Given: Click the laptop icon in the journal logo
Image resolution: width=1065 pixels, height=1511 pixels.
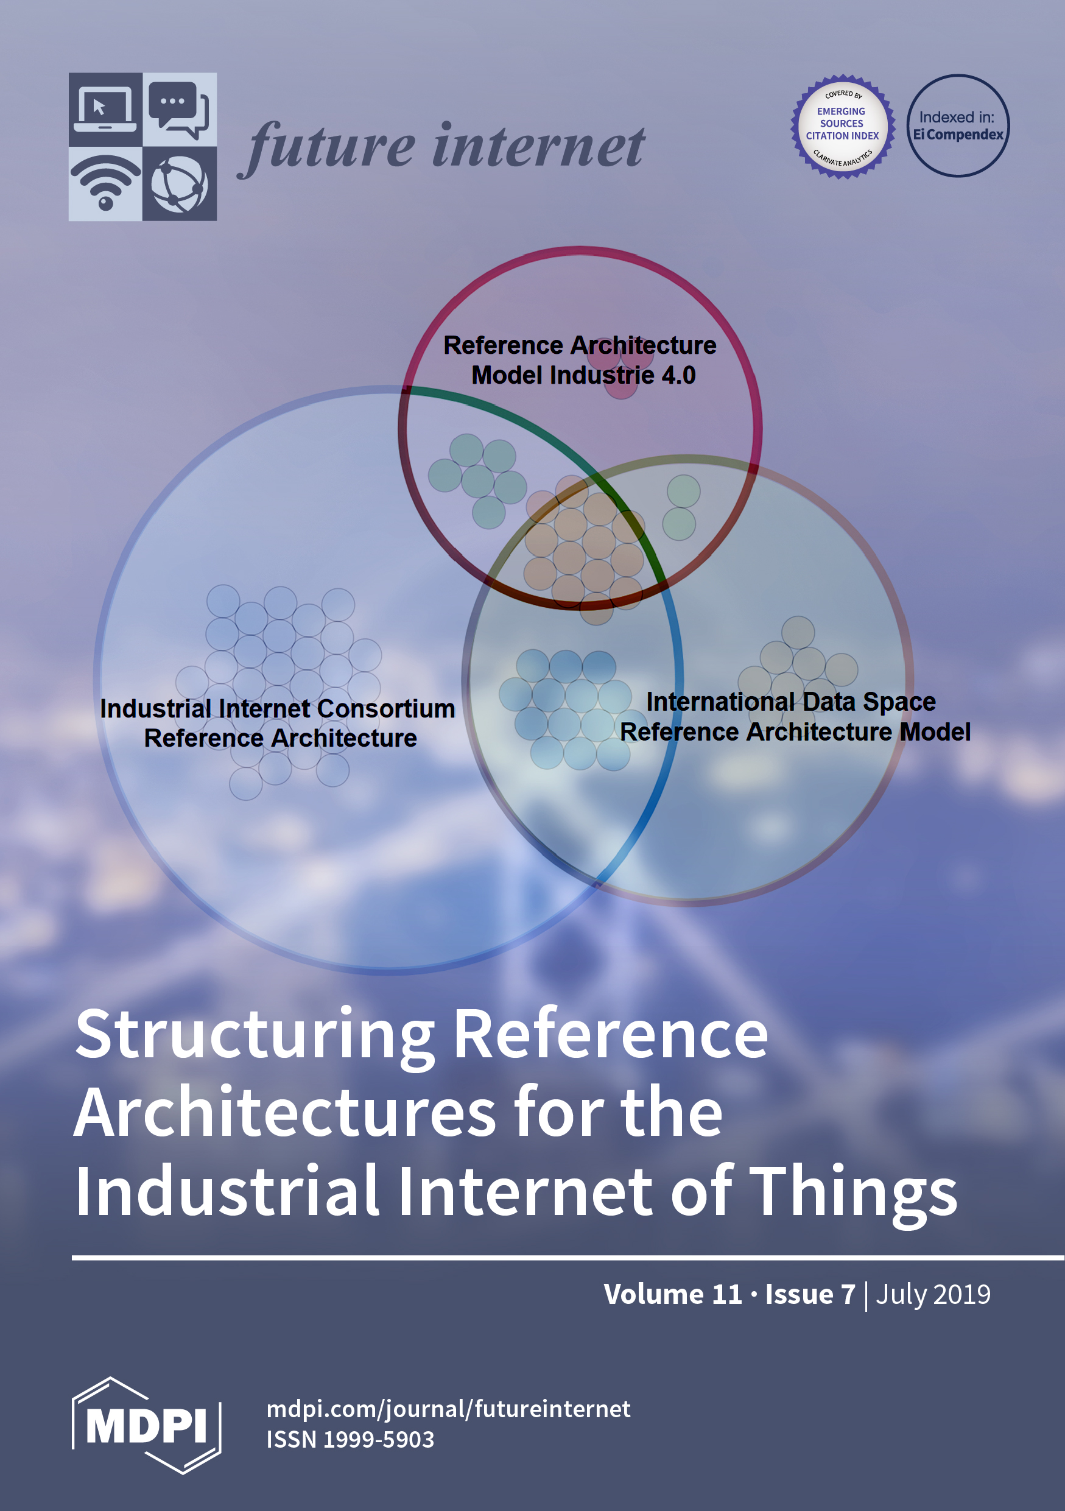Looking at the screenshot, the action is [x=105, y=109].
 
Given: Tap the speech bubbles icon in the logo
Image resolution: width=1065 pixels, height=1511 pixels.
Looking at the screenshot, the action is [x=179, y=109].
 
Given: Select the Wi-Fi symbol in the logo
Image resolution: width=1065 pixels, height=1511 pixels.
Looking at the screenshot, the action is [x=105, y=183].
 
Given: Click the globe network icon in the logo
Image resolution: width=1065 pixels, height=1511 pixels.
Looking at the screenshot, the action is [x=179, y=183].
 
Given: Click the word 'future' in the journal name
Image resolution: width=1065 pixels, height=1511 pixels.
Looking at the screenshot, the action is [x=329, y=147].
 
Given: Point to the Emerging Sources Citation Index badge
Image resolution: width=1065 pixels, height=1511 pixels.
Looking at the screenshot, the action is [x=842, y=125].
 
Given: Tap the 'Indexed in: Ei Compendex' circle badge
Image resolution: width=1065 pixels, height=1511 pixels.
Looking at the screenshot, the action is [x=958, y=125].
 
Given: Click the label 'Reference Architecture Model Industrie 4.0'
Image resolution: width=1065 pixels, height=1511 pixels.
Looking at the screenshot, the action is [x=580, y=360].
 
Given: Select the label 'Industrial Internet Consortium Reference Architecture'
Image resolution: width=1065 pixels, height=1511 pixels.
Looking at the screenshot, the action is [x=278, y=724].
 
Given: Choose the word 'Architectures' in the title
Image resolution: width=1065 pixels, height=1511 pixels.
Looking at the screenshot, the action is [x=285, y=1113].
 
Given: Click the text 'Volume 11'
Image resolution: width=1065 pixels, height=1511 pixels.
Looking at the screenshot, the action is [x=672, y=1294].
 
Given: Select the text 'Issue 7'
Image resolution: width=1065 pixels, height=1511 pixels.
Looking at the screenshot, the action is [x=810, y=1294].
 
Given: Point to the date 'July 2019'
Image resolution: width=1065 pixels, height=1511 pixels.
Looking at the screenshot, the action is [x=933, y=1294].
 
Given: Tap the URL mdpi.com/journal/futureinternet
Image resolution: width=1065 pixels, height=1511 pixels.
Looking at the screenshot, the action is [x=448, y=1409].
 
